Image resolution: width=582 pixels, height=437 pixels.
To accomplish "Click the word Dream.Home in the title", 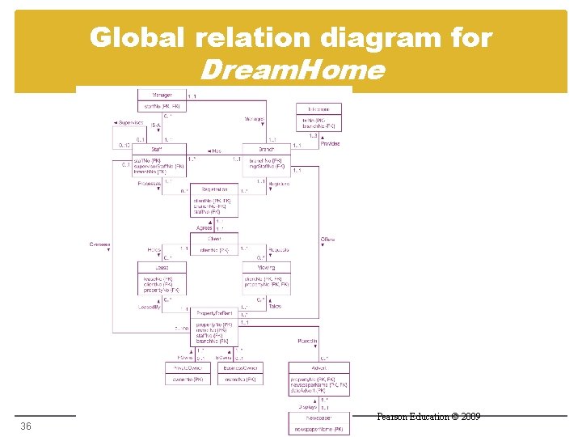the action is (x=290, y=70).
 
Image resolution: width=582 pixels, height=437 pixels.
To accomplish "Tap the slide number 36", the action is (x=26, y=426).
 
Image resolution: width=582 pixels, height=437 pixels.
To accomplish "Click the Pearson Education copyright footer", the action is (x=428, y=417).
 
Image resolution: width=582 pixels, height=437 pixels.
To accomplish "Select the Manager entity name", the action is (x=162, y=95).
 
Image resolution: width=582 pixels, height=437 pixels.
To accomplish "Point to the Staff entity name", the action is (x=157, y=149).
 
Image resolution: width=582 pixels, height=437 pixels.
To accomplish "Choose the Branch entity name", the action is (x=266, y=149).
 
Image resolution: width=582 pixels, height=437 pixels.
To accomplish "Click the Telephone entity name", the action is (x=318, y=108).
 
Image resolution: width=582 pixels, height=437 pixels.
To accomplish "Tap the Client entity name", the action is (x=214, y=239).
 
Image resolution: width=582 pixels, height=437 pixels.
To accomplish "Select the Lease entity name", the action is (x=162, y=267).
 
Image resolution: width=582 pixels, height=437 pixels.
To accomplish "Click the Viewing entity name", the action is (x=267, y=267).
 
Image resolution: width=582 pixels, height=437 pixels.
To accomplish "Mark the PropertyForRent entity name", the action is (x=214, y=312).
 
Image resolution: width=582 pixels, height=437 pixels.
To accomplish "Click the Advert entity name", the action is (x=318, y=367).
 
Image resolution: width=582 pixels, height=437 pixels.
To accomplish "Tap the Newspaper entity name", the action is (x=318, y=418).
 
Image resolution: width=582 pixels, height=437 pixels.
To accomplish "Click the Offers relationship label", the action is (x=327, y=240).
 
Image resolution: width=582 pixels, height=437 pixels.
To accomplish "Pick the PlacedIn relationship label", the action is (x=307, y=342).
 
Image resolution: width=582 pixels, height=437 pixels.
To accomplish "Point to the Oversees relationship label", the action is (x=99, y=244).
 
